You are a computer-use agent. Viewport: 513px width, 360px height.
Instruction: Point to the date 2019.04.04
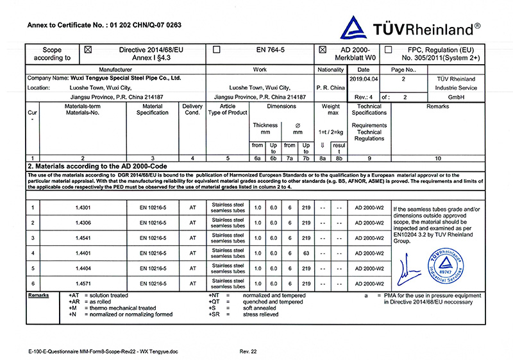pyautogui.click(x=365, y=78)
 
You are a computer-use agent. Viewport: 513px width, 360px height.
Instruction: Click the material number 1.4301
pyautogui.click(x=83, y=207)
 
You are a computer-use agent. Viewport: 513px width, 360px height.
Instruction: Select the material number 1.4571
pyautogui.click(x=83, y=283)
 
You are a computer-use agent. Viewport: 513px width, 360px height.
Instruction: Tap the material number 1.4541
pyautogui.click(x=83, y=237)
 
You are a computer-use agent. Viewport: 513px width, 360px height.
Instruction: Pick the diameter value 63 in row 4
pyautogui.click(x=307, y=253)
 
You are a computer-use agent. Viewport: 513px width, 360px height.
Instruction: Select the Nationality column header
pyautogui.click(x=331, y=69)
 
